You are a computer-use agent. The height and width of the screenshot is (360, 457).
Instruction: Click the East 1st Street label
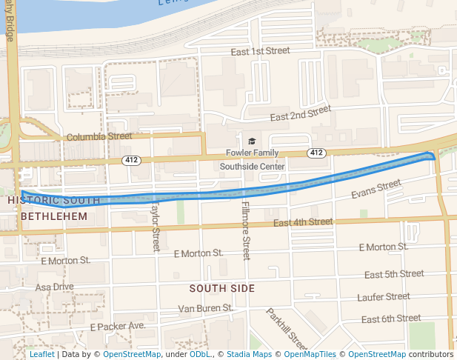(x=259, y=52)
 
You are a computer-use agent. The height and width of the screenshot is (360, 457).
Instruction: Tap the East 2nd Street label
(x=300, y=113)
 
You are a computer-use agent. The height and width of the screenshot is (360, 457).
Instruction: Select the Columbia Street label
(x=99, y=137)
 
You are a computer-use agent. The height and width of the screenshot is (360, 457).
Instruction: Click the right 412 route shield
(x=316, y=153)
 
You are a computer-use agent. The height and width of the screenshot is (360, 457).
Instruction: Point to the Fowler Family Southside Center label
(x=252, y=160)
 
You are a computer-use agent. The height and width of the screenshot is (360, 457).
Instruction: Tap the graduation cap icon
(x=252, y=141)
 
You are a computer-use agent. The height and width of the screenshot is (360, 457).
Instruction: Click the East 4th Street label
(x=303, y=221)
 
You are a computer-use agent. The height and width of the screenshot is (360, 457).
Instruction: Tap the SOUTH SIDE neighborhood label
(x=221, y=288)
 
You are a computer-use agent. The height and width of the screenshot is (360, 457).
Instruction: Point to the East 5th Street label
(x=394, y=274)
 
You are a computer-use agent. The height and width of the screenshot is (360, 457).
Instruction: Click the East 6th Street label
(x=390, y=319)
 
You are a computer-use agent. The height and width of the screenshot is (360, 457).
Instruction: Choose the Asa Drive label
(x=55, y=287)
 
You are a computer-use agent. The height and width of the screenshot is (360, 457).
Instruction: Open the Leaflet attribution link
(x=41, y=354)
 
